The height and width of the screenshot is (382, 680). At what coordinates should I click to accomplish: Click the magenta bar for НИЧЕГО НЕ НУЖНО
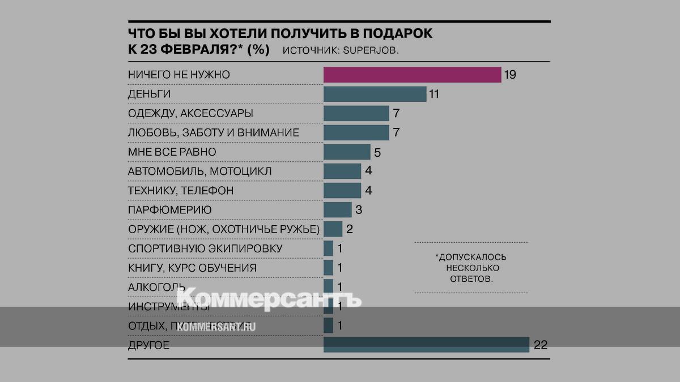412,75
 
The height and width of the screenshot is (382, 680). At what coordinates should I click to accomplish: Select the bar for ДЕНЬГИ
375,94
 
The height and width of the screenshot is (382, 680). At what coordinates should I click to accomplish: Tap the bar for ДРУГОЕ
426,345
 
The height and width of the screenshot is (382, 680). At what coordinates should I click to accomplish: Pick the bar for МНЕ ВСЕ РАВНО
347,152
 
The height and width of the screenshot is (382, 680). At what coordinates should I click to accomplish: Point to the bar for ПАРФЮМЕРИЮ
337,210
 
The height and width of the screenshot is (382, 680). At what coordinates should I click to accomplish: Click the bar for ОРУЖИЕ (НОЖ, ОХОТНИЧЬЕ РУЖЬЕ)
333,229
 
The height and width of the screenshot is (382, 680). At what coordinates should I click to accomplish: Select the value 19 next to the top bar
510,75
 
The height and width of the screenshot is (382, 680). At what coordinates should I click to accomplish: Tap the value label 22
541,345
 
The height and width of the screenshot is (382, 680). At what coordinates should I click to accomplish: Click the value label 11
433,94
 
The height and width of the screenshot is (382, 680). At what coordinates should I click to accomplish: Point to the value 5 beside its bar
377,152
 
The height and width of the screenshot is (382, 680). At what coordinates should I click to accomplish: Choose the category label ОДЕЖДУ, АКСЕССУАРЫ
190,113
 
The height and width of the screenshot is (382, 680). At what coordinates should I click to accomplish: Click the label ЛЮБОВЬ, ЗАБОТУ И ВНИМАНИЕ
214,133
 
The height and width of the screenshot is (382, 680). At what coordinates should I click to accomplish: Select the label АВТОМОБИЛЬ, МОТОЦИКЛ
200,171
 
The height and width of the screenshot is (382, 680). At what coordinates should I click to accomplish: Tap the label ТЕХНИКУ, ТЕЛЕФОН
181,191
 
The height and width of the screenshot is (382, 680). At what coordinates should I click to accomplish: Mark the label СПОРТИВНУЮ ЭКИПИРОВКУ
205,248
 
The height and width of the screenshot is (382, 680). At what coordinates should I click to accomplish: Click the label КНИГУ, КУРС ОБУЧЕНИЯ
192,268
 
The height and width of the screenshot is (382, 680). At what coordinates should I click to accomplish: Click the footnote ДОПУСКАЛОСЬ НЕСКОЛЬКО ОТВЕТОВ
470,268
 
